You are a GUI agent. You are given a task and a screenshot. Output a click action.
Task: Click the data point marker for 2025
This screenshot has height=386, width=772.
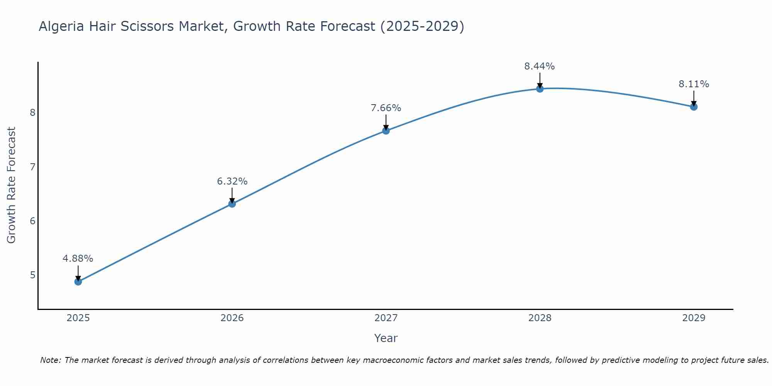78,282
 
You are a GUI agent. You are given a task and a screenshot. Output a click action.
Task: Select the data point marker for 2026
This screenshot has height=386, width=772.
232,204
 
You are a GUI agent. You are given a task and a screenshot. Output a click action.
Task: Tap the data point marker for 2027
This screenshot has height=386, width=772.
386,131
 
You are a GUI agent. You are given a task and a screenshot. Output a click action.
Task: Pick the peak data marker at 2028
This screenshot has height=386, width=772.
540,89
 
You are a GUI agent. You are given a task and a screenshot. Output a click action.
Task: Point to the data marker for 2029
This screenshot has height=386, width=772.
694,107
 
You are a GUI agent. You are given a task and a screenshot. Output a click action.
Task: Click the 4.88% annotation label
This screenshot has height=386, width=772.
78,259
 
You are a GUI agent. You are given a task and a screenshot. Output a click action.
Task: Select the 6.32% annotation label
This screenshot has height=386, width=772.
232,181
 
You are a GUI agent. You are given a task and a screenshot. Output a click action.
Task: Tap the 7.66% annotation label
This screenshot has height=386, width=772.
386,108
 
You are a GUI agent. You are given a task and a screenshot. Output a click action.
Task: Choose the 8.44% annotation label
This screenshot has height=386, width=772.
540,66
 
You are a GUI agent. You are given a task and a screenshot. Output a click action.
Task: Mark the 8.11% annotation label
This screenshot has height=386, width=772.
694,84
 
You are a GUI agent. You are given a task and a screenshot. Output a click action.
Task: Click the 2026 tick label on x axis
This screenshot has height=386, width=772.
232,318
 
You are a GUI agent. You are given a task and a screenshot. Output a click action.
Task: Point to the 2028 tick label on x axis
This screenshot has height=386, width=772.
540,318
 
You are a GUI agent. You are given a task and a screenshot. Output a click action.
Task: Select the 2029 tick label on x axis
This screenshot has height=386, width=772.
694,318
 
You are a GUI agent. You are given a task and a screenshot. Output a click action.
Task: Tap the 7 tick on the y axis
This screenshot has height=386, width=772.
32,167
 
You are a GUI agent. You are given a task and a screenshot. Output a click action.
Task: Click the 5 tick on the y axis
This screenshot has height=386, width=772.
32,275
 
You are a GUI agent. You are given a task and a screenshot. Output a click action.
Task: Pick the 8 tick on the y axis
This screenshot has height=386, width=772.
32,113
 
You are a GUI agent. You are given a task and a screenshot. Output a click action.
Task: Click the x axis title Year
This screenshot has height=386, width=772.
386,338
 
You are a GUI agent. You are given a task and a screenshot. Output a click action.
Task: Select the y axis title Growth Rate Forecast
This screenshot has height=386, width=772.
12,185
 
